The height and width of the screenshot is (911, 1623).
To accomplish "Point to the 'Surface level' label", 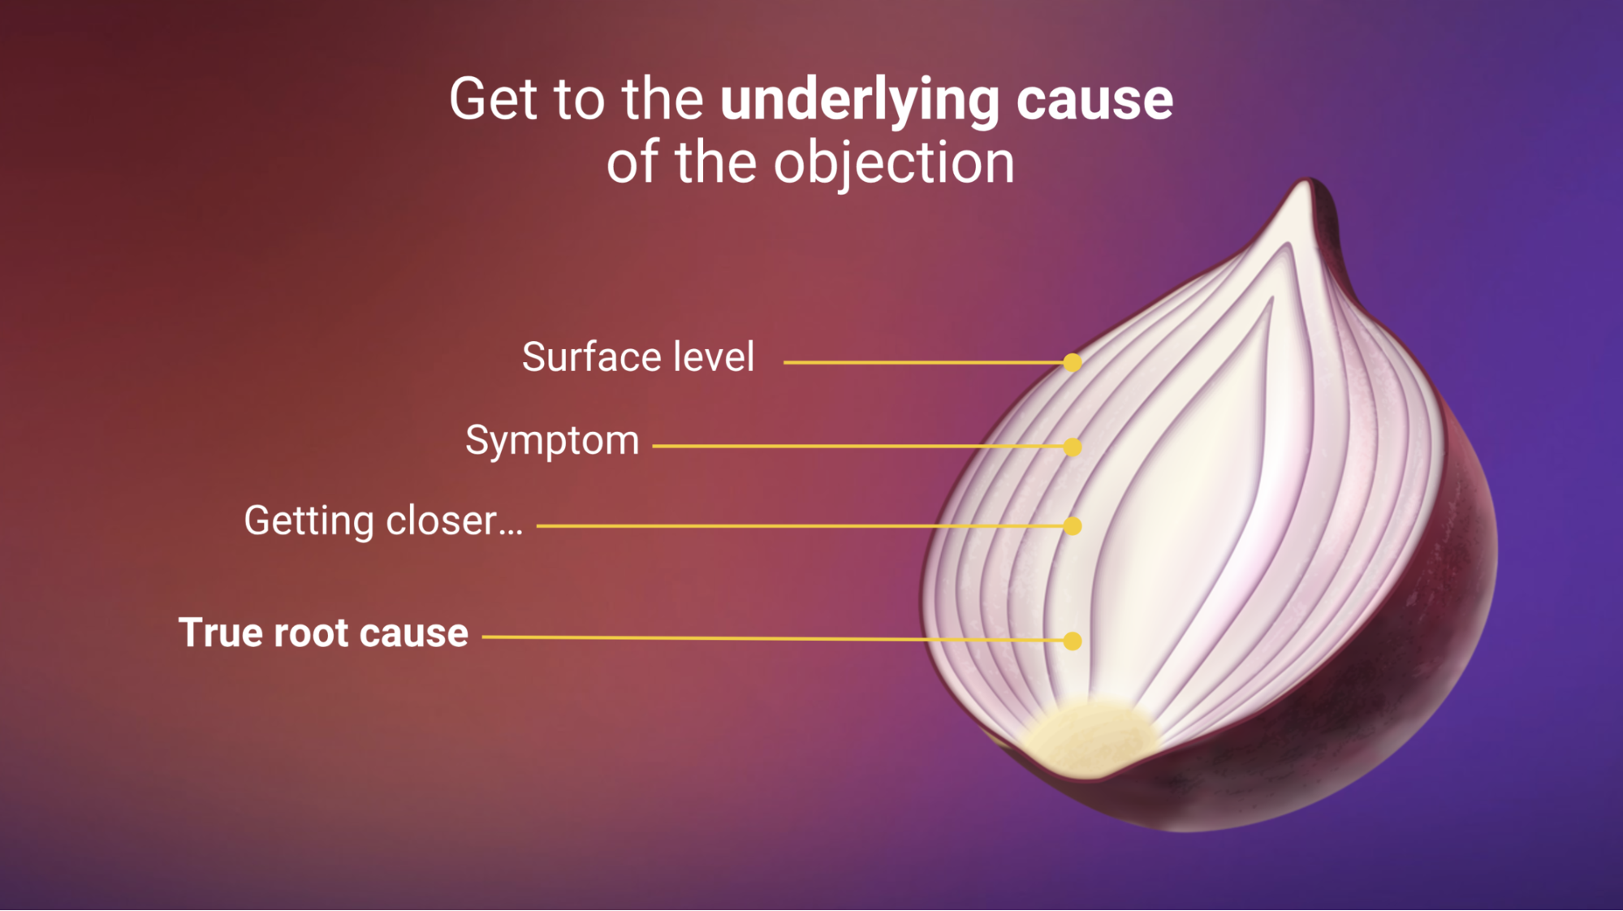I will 638,358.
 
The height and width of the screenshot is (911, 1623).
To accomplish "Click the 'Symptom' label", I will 552,442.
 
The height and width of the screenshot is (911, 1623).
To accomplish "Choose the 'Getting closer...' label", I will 383,521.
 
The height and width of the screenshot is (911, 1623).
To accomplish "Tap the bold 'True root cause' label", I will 323,633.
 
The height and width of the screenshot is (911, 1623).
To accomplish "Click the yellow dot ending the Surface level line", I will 1072,363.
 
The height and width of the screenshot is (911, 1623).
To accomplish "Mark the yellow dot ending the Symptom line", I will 1072,447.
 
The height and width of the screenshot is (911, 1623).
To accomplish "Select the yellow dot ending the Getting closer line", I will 1072,526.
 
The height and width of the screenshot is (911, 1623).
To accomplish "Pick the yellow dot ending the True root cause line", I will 1072,641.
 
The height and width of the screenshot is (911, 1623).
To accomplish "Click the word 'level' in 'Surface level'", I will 714,358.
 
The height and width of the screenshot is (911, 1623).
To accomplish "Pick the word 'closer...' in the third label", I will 454,521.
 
